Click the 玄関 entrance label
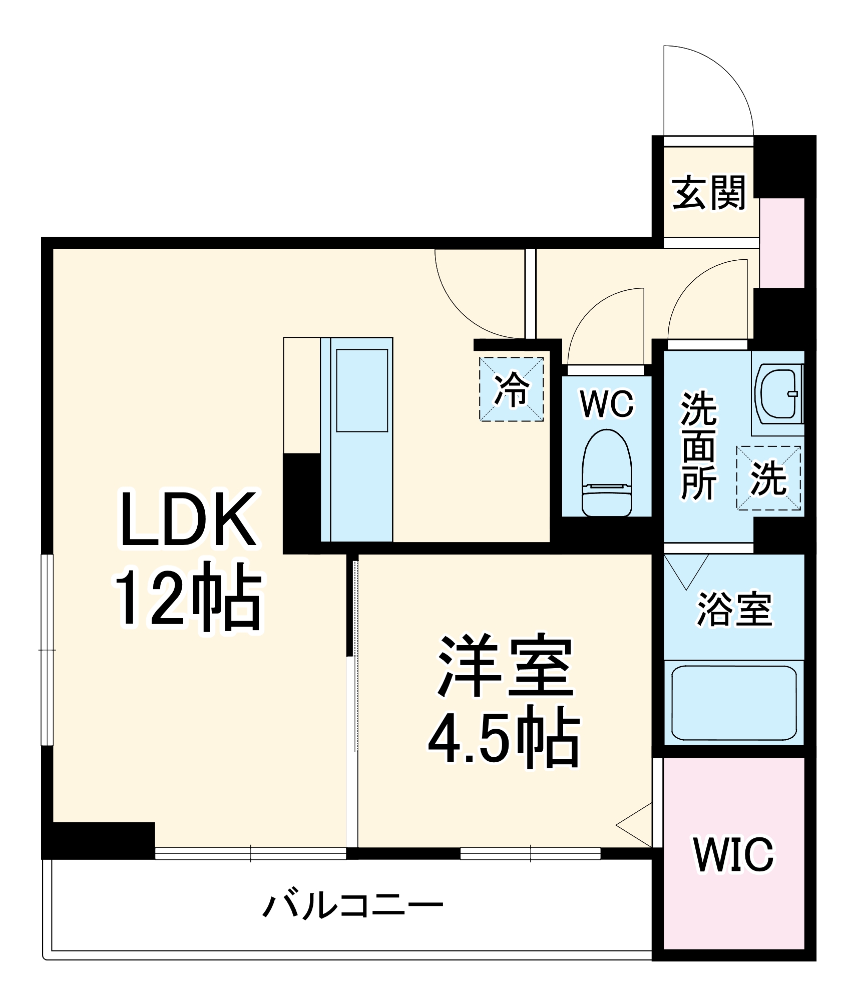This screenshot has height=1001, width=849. pos(708,192)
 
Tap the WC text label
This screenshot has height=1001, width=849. pos(607,403)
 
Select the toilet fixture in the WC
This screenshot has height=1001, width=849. pos(607,473)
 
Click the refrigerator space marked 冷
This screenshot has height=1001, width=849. pos(512,389)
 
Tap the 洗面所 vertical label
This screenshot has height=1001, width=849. pos(699,445)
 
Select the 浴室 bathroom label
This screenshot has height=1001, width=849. pos(734,609)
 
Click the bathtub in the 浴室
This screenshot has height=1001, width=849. pos(734,703)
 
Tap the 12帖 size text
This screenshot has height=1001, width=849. pos(189,597)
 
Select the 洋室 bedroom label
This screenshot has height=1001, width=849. pos(506,667)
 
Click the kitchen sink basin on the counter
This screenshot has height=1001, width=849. pos(362,390)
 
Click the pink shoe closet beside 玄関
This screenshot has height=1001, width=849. pos(782,243)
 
